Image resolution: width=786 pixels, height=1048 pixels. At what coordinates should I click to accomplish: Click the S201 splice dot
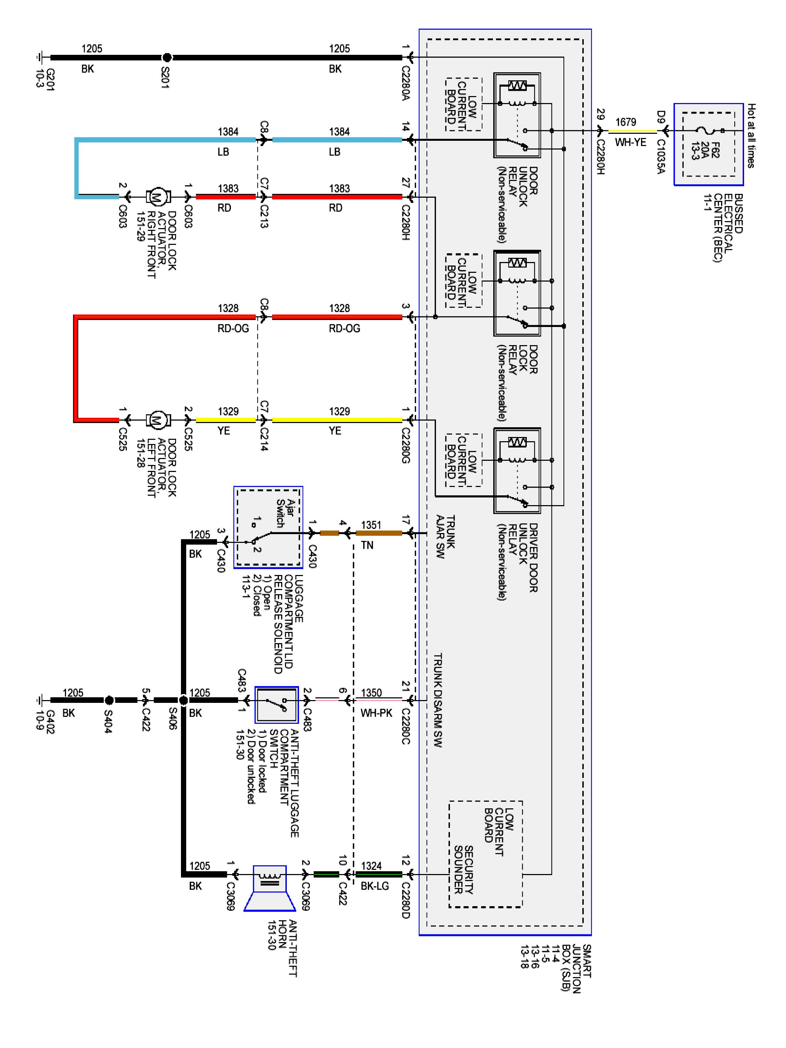coord(167,58)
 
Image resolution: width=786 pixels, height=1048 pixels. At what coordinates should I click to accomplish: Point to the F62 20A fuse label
coord(705,150)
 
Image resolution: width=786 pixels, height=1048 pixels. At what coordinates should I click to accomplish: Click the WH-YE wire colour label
coord(630,142)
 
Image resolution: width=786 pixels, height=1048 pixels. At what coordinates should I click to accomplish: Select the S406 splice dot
coord(183,700)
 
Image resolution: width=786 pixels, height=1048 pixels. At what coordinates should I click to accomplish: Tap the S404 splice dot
coord(109,700)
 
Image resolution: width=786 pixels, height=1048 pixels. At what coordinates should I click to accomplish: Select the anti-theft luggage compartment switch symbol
coord(277,705)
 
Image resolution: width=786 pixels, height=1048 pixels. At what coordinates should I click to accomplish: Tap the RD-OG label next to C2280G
coord(344,328)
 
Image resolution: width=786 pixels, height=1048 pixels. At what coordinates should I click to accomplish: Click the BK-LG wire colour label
coord(374,886)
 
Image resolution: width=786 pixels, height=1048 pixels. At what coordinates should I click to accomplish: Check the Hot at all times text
coord(751,136)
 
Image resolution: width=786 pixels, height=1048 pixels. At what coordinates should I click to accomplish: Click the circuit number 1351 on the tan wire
coord(371,525)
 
